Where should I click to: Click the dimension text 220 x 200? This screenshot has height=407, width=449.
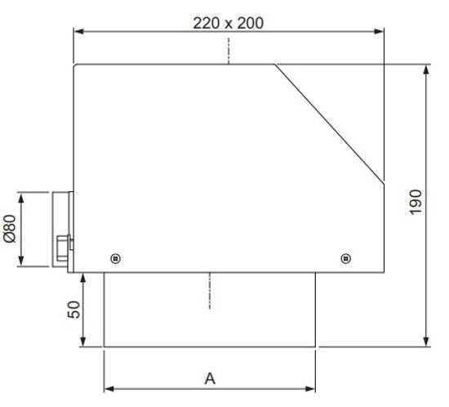click(x=228, y=23)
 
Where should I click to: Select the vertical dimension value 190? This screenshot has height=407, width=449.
click(x=415, y=203)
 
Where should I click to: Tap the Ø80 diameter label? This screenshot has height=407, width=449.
click(x=9, y=230)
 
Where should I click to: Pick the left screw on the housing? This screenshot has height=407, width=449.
click(x=116, y=258)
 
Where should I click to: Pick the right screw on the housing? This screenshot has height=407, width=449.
click(x=346, y=258)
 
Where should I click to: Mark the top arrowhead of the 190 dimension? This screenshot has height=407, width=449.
click(x=427, y=69)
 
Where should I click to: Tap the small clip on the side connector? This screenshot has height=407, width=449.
click(x=64, y=244)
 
